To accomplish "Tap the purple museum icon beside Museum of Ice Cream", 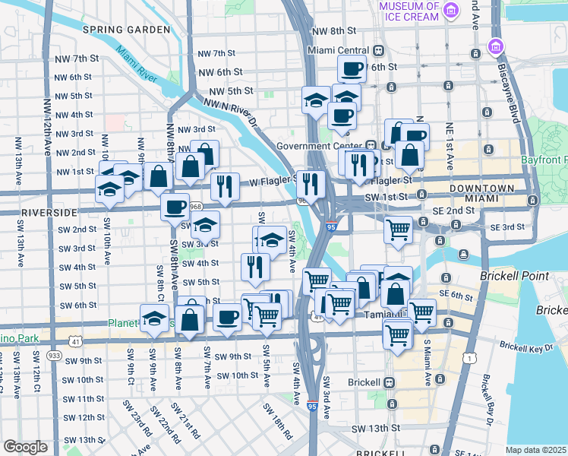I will [453, 10].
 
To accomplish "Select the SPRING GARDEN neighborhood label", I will [127, 30].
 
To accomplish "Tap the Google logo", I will [26, 447].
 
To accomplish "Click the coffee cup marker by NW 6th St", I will [352, 69].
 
